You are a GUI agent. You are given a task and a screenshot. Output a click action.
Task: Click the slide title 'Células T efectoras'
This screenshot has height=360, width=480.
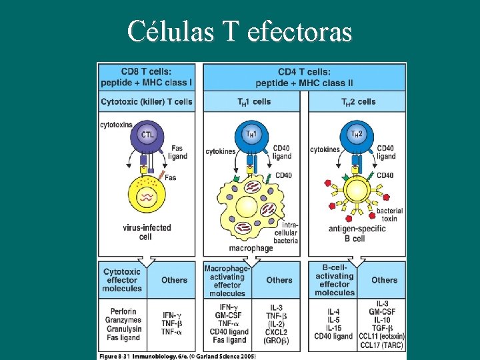click(x=239, y=30)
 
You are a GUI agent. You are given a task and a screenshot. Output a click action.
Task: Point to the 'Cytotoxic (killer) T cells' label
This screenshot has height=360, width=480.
click(x=147, y=102)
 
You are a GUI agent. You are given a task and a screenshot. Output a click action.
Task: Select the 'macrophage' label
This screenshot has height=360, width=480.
click(x=251, y=248)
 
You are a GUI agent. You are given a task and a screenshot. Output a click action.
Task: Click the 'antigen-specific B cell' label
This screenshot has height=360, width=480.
click(x=358, y=233)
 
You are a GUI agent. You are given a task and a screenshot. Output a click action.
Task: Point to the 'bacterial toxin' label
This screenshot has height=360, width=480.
click(x=389, y=215)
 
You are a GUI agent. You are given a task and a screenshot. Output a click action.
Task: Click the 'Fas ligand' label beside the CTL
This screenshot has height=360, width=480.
click(x=179, y=152)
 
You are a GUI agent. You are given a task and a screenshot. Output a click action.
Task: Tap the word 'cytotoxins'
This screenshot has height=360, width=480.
click(x=117, y=125)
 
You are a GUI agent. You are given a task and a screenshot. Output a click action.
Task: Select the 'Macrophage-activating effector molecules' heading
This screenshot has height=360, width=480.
click(x=227, y=280)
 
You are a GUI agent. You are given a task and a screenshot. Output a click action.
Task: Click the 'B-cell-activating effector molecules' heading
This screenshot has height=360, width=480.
click(x=334, y=280)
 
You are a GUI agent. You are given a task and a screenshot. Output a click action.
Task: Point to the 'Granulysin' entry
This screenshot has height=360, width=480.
click(x=122, y=329)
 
